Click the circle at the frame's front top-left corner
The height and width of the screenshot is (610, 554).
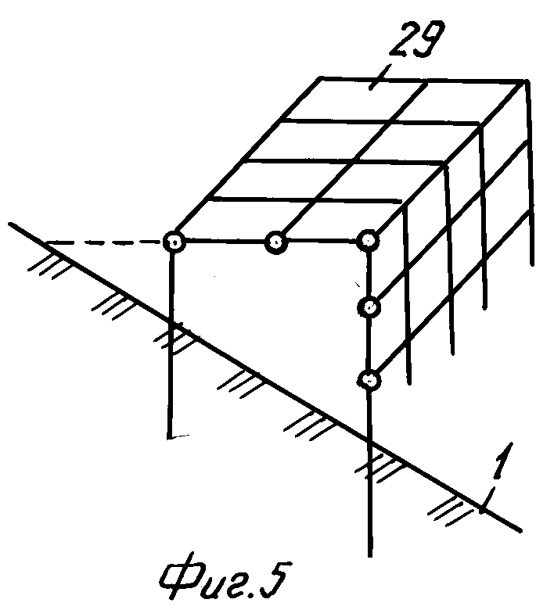pyautogui.click(x=173, y=243)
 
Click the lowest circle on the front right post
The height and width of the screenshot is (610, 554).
pyautogui.click(x=369, y=381)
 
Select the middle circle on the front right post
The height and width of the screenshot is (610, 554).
pyautogui.click(x=369, y=307)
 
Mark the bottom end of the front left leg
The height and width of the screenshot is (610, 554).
pyautogui.click(x=171, y=436)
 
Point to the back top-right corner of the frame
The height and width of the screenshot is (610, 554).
pyautogui.click(x=526, y=81)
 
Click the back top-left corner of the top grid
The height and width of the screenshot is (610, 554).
pyautogui.click(x=322, y=77)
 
